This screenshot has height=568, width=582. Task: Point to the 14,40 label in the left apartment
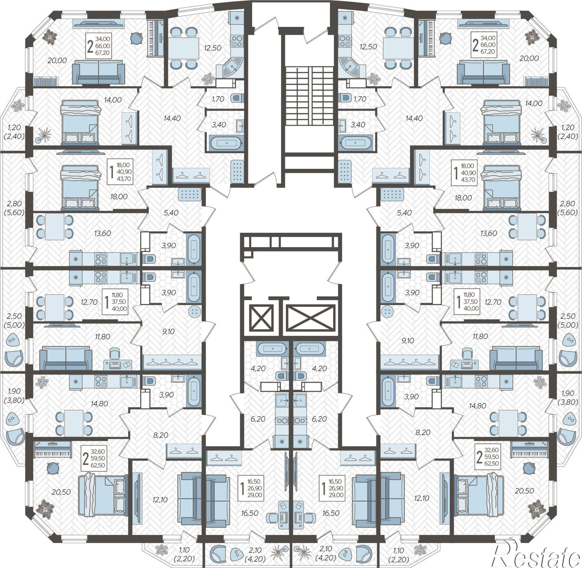click(172, 118)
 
